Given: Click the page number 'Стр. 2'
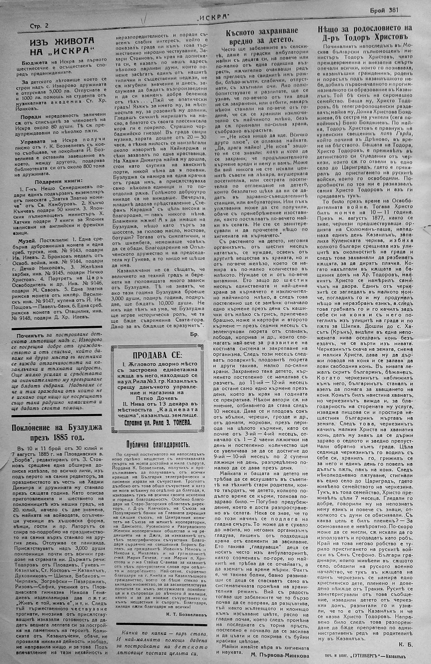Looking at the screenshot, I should (x=39, y=26).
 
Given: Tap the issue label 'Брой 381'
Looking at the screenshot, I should (x=384, y=10).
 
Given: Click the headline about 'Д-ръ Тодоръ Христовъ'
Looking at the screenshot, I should (x=365, y=32).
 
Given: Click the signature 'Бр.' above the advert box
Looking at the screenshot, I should (x=194, y=334).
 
